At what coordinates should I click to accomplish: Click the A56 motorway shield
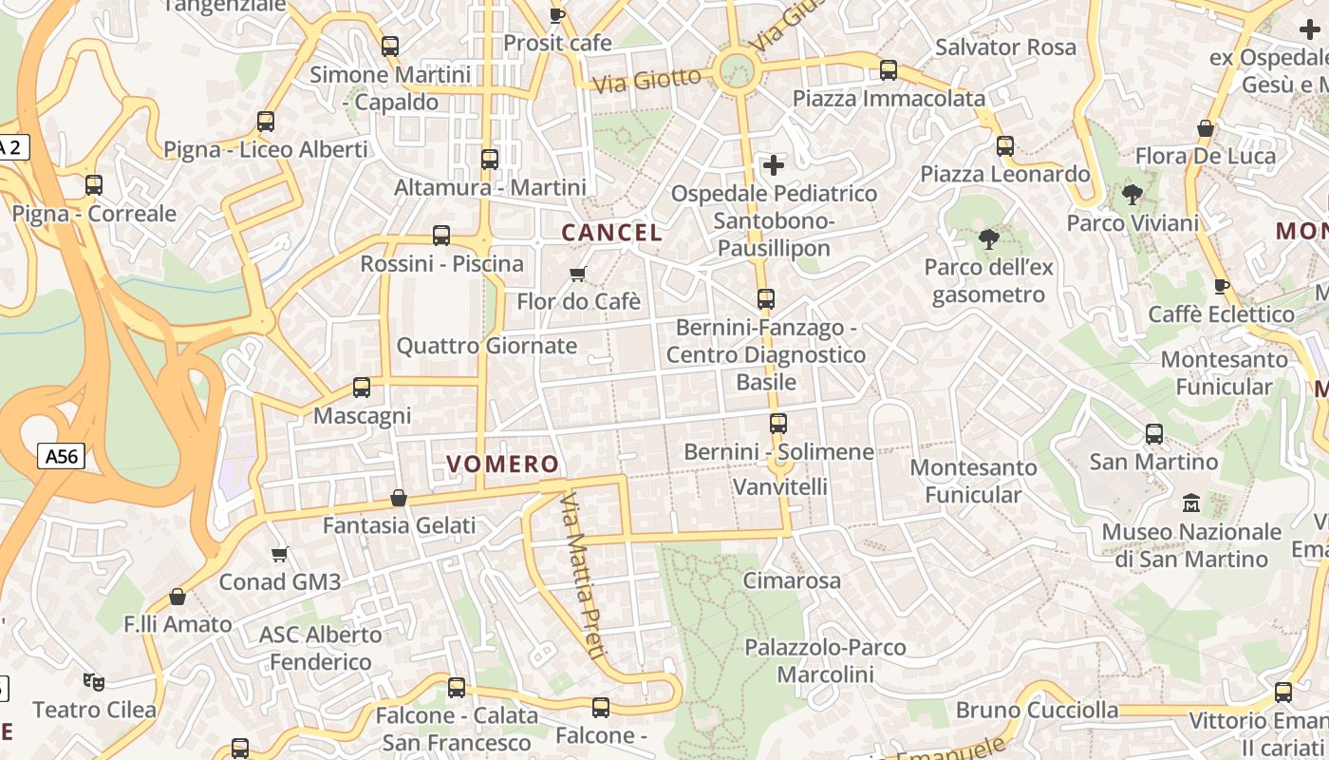coord(63,457)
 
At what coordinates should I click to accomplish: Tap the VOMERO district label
coord(502,464)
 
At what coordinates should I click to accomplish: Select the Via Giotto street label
coord(646,79)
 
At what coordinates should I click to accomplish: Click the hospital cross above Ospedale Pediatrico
coord(774,165)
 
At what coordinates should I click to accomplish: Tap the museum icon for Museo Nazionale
coord(1191,503)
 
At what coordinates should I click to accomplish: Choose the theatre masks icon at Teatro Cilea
coord(94,681)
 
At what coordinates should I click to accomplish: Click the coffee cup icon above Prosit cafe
coord(557,15)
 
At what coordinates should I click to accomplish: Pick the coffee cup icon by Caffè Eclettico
coord(1222,286)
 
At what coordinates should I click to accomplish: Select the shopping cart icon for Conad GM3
coord(280,554)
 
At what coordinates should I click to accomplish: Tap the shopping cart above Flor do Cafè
coord(577,275)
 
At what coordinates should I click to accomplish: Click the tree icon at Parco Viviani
coord(1132,195)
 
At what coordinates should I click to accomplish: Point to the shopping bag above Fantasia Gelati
coord(399,498)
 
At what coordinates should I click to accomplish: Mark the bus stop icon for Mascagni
coord(362,388)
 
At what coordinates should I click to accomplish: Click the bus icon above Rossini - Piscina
coord(441,236)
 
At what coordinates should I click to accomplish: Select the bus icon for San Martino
coord(1154,434)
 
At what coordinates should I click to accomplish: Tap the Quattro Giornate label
coord(487,346)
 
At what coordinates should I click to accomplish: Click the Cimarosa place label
coord(792,580)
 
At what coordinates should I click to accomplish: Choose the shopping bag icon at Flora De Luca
coord(1206,128)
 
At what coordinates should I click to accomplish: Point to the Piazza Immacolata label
coord(889,98)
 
